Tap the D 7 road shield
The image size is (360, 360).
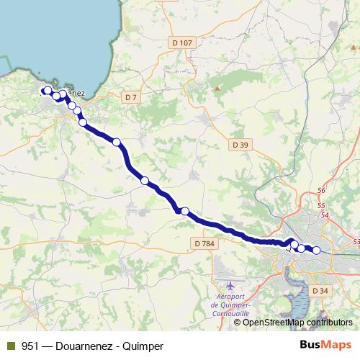[130, 96]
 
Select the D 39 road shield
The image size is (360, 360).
[240, 145]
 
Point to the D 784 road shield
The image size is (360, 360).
[204, 244]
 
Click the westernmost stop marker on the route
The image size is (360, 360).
[48, 91]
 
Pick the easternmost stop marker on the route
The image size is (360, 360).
[316, 251]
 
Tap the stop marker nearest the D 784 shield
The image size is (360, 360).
[185, 211]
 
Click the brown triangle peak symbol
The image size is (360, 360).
[217, 89]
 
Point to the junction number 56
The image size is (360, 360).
[321, 191]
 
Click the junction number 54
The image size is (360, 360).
[325, 215]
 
